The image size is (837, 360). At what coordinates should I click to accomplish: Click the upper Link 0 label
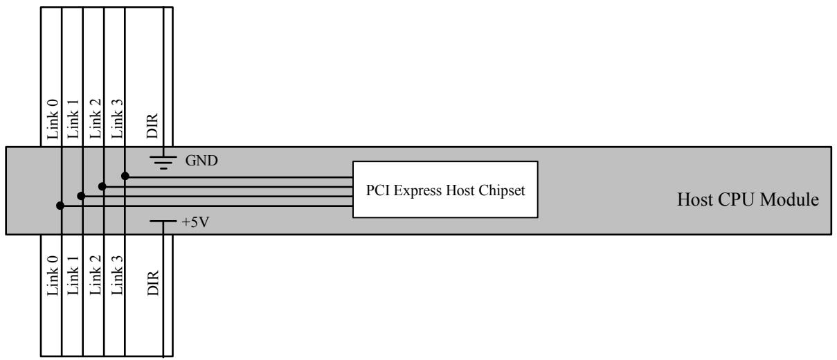tap(53, 119)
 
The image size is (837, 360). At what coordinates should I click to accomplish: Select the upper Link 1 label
tap(73, 119)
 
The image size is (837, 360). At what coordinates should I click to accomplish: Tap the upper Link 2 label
tap(96, 118)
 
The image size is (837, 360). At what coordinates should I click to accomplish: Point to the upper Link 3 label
tap(117, 118)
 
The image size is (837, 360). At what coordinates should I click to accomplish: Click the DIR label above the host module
tap(152, 125)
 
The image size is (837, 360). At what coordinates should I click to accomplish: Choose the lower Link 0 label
tap(53, 276)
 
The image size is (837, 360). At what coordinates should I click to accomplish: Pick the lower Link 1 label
tap(73, 276)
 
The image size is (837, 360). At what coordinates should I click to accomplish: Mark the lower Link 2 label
tap(96, 275)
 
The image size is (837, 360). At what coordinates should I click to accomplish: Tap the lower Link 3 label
tap(117, 275)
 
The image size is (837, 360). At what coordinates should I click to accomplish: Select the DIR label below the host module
tap(153, 283)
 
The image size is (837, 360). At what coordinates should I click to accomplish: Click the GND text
tap(201, 161)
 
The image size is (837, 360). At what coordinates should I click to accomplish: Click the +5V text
tap(195, 222)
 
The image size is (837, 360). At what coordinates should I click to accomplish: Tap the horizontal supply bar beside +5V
tap(163, 221)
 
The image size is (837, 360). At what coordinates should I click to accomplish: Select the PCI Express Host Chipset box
tap(445, 190)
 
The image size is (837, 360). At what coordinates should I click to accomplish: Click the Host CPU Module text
tap(748, 199)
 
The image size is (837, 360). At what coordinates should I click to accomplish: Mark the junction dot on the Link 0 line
tap(60, 206)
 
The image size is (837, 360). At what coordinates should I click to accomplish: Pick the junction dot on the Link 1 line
tap(81, 196)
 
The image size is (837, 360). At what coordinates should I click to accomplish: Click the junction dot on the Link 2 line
tap(102, 186)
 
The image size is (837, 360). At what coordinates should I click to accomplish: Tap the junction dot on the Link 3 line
tap(125, 176)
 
